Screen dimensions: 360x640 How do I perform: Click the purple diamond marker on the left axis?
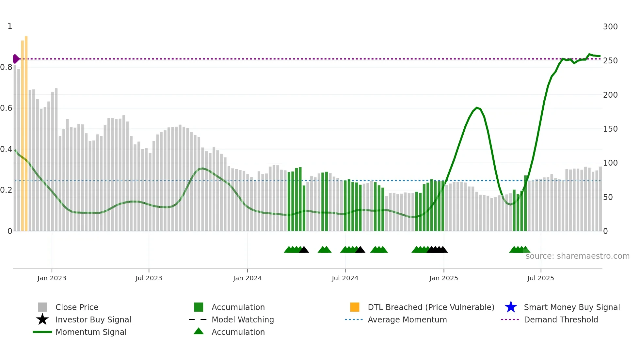[x=16, y=59]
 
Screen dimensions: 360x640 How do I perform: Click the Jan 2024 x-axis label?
[x=247, y=278]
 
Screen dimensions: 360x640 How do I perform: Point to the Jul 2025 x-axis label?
[x=540, y=278]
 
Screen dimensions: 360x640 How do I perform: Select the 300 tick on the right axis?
[x=610, y=27]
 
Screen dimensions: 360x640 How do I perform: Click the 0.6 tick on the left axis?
[x=7, y=108]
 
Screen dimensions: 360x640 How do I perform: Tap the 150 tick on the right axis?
[x=610, y=129]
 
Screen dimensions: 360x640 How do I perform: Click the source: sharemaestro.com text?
[x=577, y=256]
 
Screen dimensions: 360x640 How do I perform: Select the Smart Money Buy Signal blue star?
[x=511, y=307]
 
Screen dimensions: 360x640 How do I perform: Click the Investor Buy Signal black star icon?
[x=42, y=319]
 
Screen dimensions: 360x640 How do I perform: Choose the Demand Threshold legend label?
[x=561, y=319]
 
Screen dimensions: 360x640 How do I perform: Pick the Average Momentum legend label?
[x=407, y=319]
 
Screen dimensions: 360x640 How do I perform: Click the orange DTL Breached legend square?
[x=355, y=307]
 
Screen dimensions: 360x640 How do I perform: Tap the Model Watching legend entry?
[x=242, y=319]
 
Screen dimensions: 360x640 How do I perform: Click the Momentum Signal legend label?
[x=91, y=332]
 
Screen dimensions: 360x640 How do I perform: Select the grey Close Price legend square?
[x=42, y=307]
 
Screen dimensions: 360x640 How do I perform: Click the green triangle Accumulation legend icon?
[x=199, y=331]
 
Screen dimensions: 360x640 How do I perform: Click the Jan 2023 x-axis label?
[x=52, y=278]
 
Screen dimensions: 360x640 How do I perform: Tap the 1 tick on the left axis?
[x=10, y=26]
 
